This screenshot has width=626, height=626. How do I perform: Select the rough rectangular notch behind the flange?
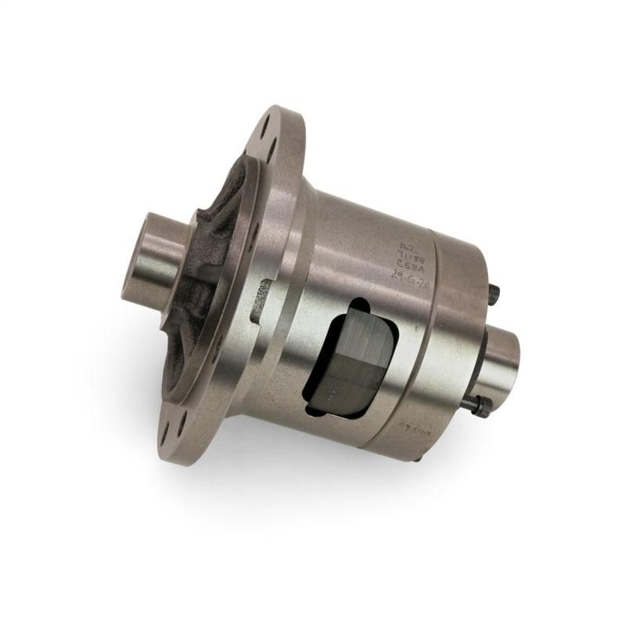pos(263,300)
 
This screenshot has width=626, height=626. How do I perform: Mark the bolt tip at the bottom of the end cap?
pos(416,458)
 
